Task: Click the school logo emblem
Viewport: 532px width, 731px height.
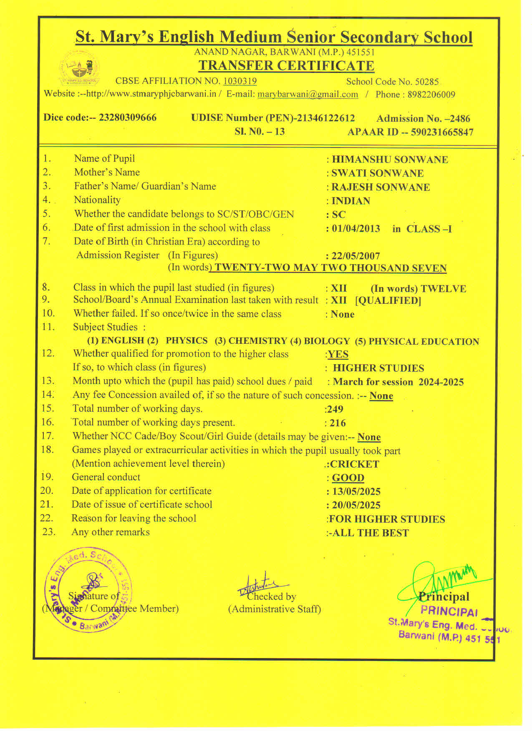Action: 80,68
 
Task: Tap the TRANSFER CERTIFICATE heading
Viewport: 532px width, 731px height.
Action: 286,66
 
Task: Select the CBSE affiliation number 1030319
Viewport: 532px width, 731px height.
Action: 240,81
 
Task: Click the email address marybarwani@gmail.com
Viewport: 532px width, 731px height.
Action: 308,94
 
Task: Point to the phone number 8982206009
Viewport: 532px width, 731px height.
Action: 431,95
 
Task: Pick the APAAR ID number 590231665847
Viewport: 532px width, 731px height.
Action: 442,133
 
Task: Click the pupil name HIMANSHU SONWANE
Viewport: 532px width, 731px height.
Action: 390,160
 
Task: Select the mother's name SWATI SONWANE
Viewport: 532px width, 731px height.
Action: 377,173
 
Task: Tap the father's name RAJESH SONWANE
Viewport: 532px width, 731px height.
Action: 380,187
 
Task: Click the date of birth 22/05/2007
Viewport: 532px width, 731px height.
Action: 356,256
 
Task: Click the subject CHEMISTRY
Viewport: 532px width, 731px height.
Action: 257,341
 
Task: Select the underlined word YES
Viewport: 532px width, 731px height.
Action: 338,354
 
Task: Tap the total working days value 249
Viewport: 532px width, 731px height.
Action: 335,409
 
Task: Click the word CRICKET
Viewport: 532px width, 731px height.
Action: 354,464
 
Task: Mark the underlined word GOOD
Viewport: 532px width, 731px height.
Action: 348,478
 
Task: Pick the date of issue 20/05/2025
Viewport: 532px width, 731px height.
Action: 356,505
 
